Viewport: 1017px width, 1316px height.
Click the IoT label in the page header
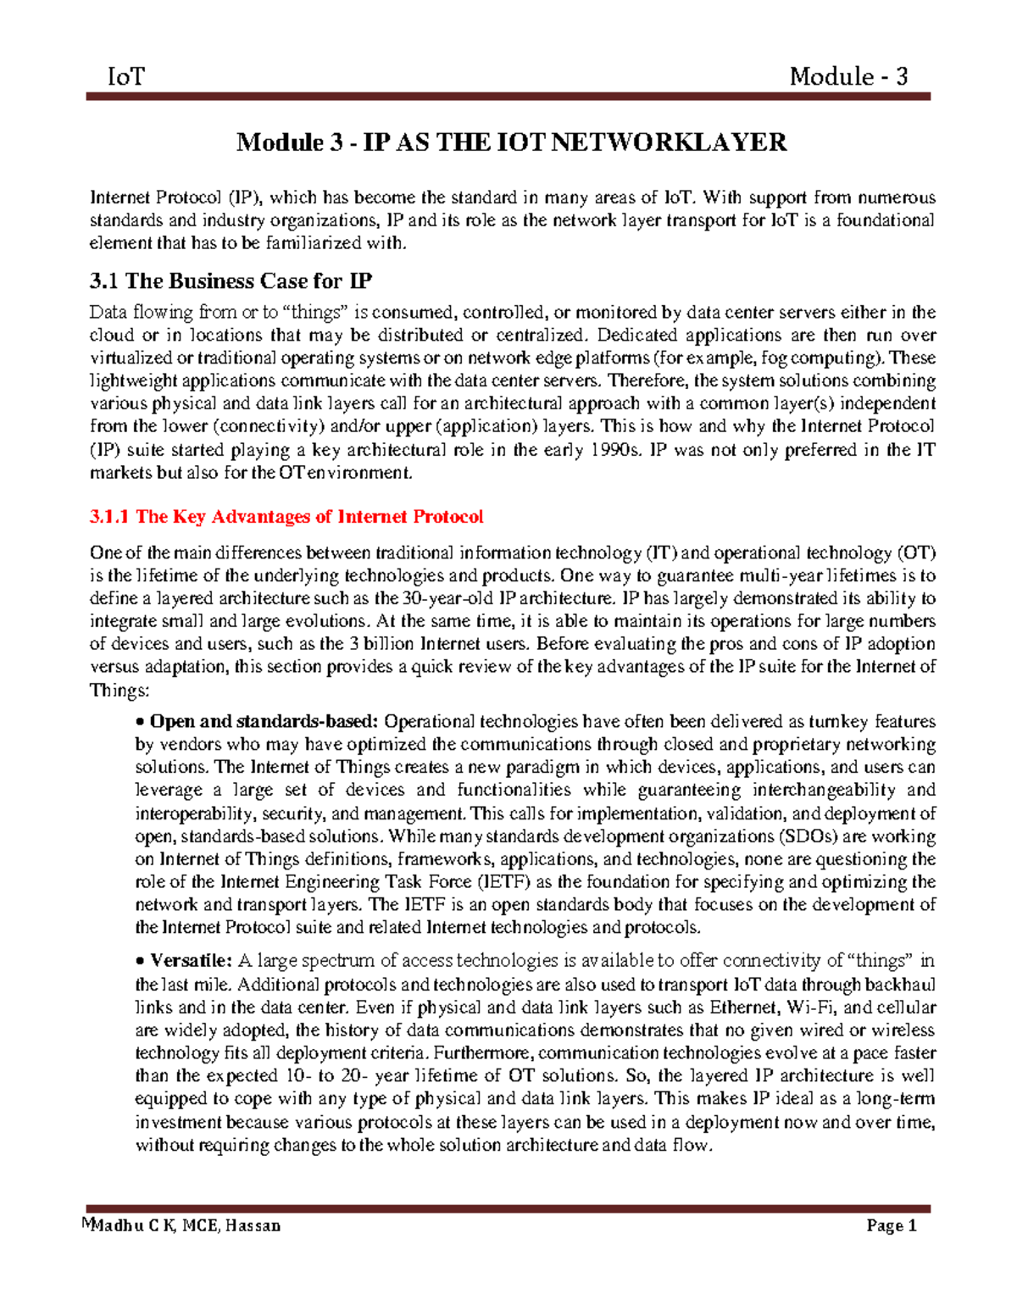pos(126,77)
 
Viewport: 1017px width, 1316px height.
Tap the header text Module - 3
pos(848,77)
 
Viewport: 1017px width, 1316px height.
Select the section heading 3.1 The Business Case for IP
pos(231,281)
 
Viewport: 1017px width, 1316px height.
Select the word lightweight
pos(132,380)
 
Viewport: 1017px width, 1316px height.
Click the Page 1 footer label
pos(892,1225)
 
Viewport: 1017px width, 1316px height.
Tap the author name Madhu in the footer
pos(119,1225)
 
